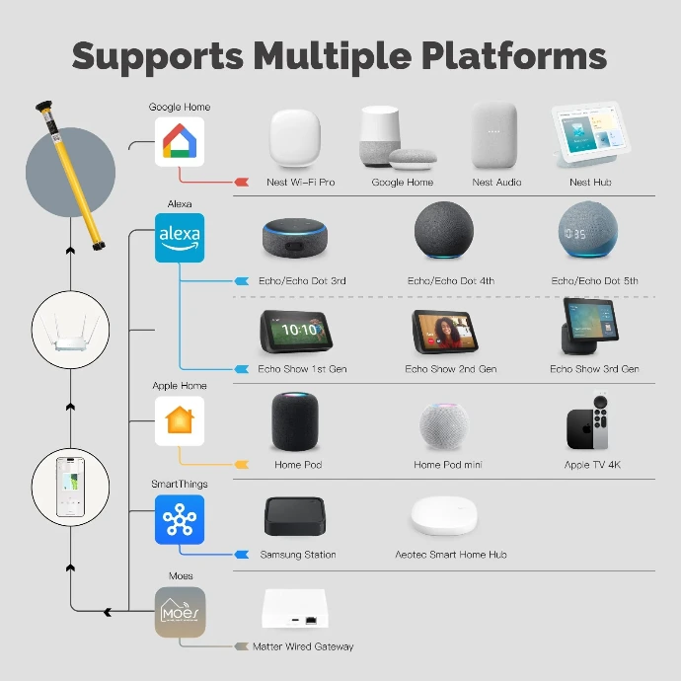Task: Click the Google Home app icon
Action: click(180, 141)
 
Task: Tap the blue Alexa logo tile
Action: click(180, 238)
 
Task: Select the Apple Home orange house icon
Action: click(180, 420)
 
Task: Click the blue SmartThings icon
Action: click(180, 519)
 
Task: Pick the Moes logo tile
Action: click(180, 612)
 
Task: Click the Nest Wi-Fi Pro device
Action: click(295, 137)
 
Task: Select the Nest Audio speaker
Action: click(493, 135)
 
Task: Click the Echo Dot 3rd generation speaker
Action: click(295, 238)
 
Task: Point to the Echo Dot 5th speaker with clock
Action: click(588, 230)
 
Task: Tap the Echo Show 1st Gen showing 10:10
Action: click(296, 332)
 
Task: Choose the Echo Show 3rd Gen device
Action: click(590, 327)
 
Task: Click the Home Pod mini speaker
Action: click(444, 426)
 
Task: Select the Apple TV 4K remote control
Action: click(601, 421)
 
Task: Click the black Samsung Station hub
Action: click(295, 516)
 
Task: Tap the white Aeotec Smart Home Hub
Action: click(444, 515)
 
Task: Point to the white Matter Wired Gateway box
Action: click(295, 608)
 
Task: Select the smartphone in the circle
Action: click(70, 487)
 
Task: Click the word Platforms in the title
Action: click(514, 56)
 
